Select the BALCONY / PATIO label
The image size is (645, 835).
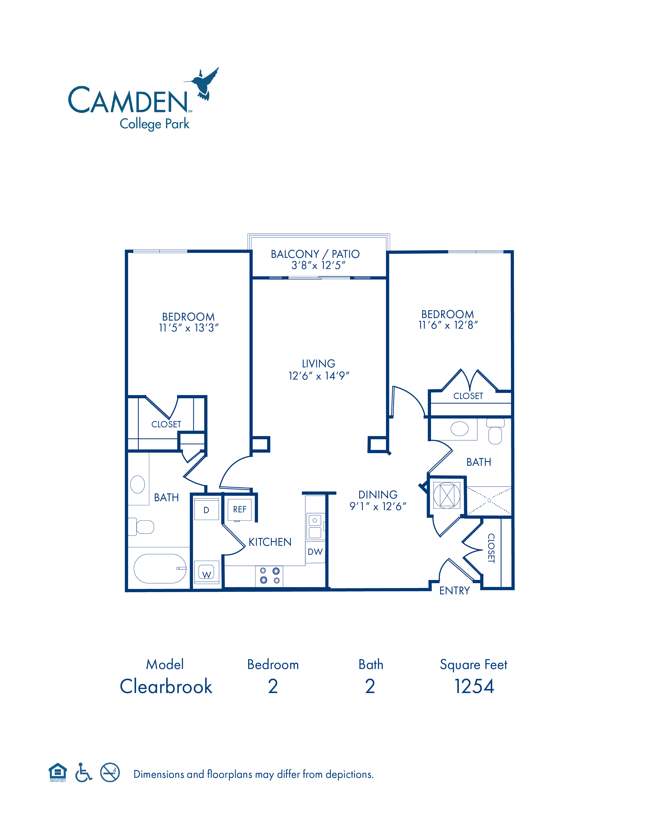click(x=315, y=254)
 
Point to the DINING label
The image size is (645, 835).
click(x=378, y=495)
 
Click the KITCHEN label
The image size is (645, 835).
click(x=270, y=542)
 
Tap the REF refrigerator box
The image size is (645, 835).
click(x=240, y=510)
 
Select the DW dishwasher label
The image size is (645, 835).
click(x=315, y=552)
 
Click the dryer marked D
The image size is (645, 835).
click(x=206, y=509)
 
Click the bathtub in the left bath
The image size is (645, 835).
click(x=160, y=569)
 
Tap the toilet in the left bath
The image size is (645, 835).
click(x=141, y=527)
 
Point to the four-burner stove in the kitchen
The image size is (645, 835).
click(x=269, y=576)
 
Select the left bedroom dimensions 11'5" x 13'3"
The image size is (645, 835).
click(x=189, y=328)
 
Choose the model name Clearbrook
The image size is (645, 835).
click(x=166, y=686)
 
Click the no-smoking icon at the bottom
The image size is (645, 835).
click(x=110, y=773)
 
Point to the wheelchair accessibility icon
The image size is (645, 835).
click(x=83, y=773)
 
